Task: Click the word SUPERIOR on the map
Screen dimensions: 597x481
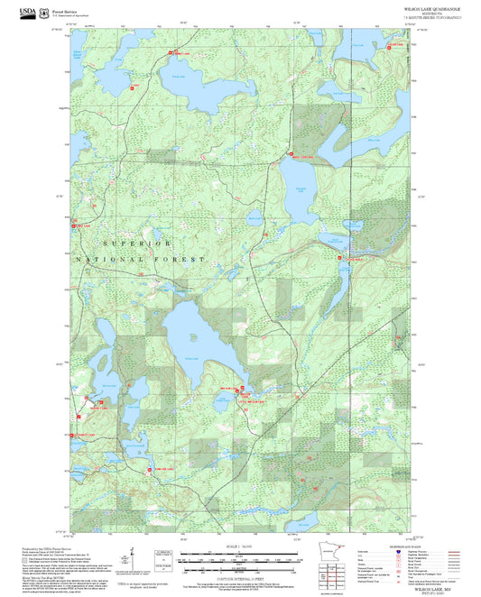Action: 136,243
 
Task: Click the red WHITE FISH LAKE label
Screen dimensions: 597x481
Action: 301,158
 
